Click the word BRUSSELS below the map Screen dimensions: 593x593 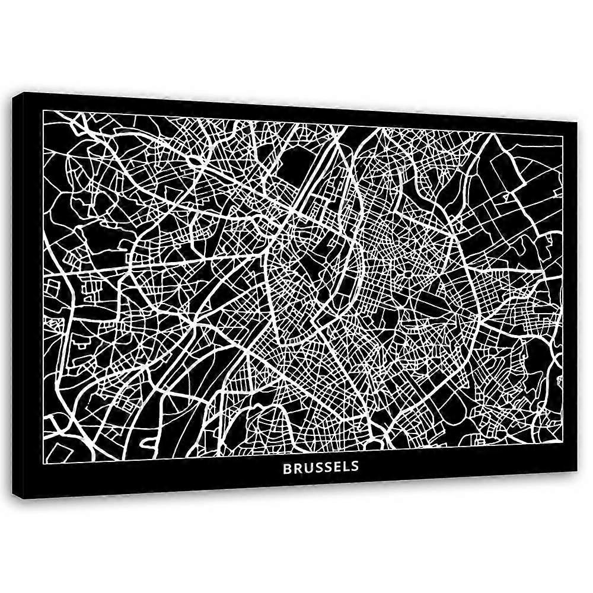click(x=321, y=467)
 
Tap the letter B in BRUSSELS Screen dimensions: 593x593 click(x=287, y=467)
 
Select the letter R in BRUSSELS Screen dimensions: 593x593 click(x=297, y=467)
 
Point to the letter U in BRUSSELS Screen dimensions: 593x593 click(x=307, y=467)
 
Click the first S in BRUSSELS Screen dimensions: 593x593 click(x=317, y=467)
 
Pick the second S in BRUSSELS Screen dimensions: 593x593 click(x=326, y=467)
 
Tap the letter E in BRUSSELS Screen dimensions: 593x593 click(x=335, y=467)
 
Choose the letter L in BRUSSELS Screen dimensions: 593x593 click(x=344, y=467)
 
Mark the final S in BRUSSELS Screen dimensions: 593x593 click(x=353, y=467)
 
